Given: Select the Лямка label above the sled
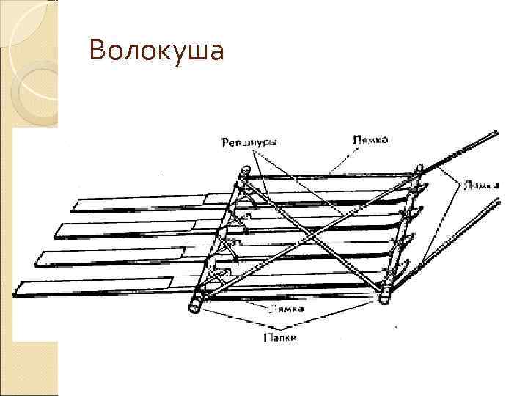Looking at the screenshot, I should tap(370, 139).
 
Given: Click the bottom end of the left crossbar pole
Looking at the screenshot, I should tap(196, 303).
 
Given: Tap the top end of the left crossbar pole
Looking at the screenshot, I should tap(240, 173).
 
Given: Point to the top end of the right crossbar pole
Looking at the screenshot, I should tap(419, 169).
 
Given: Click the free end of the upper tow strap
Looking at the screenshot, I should tap(496, 133).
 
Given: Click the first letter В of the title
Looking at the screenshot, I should tap(95, 52).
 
